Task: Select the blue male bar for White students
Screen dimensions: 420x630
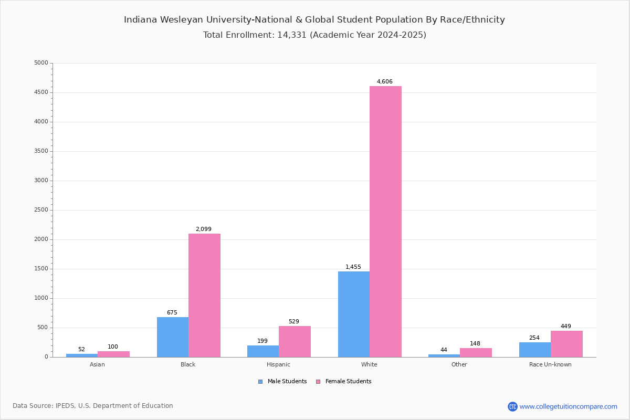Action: point(354,314)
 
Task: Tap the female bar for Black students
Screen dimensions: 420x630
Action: point(204,295)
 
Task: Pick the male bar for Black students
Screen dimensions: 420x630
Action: point(173,337)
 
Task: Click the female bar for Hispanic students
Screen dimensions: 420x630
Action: point(295,341)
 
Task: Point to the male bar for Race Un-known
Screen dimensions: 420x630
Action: point(535,350)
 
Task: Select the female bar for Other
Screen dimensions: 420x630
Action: point(476,352)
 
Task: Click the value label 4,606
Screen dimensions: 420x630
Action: point(385,82)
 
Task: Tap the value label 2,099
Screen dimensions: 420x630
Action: point(204,229)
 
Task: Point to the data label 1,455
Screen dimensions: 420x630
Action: point(353,267)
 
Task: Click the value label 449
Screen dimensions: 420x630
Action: point(566,327)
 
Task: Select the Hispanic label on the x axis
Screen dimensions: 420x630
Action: point(278,364)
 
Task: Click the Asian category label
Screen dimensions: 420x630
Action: point(97,364)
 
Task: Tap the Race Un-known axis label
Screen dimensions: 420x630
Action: point(550,364)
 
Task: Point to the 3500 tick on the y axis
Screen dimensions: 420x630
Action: point(41,151)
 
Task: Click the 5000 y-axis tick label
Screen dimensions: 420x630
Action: point(41,63)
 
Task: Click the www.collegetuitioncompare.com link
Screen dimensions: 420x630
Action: point(568,406)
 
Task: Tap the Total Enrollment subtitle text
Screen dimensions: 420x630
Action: point(314,35)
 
